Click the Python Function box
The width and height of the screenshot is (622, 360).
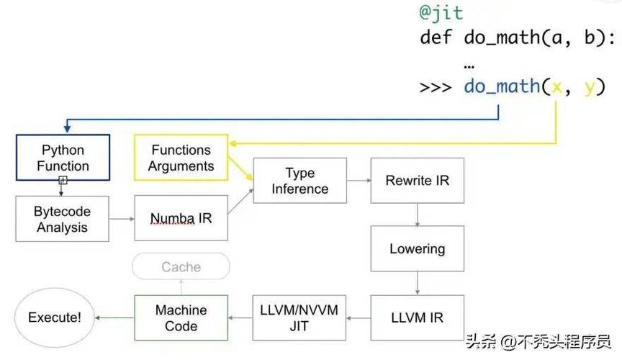coord(63,158)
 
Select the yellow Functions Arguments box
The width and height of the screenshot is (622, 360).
coord(181,158)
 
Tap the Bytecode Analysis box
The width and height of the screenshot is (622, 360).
coord(62,219)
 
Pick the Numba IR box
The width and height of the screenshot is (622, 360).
coord(181,218)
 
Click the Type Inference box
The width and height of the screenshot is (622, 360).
coord(299,181)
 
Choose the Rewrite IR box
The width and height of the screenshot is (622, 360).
coord(417,180)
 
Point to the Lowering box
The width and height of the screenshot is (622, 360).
coord(417,249)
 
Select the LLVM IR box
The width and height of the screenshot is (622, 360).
coord(417,318)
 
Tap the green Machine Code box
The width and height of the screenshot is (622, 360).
coord(181,318)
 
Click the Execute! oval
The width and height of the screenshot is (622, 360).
coord(55,318)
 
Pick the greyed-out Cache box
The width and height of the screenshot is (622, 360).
coord(181,266)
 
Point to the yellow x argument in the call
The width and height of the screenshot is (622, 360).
coord(556,87)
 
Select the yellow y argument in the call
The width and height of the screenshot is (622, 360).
coord(590,87)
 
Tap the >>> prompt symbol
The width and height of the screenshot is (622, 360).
coord(436,87)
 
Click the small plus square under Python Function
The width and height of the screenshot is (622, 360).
coord(63,181)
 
